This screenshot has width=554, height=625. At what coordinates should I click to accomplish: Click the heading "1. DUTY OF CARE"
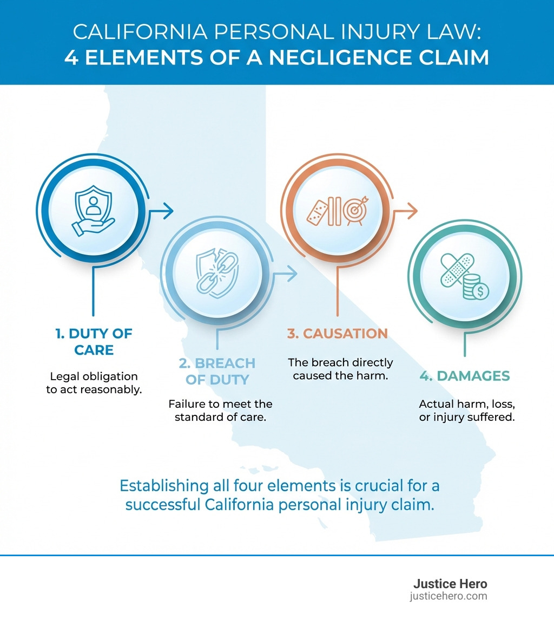click(94, 342)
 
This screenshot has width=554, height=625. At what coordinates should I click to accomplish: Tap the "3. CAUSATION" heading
click(337, 334)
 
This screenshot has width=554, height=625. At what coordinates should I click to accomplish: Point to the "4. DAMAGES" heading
click(465, 376)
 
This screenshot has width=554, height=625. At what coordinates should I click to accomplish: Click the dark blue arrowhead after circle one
click(168, 210)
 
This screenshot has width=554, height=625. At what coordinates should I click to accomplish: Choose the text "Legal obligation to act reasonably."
click(94, 382)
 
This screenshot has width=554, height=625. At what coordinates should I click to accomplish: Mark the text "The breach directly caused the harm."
click(340, 369)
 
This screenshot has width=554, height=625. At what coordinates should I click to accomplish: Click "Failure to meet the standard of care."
click(220, 411)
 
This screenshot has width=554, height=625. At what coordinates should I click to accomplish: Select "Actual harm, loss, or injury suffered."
click(466, 411)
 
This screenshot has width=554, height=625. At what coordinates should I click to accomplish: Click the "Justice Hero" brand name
click(450, 584)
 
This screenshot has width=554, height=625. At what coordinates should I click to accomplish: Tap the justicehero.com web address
click(449, 596)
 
